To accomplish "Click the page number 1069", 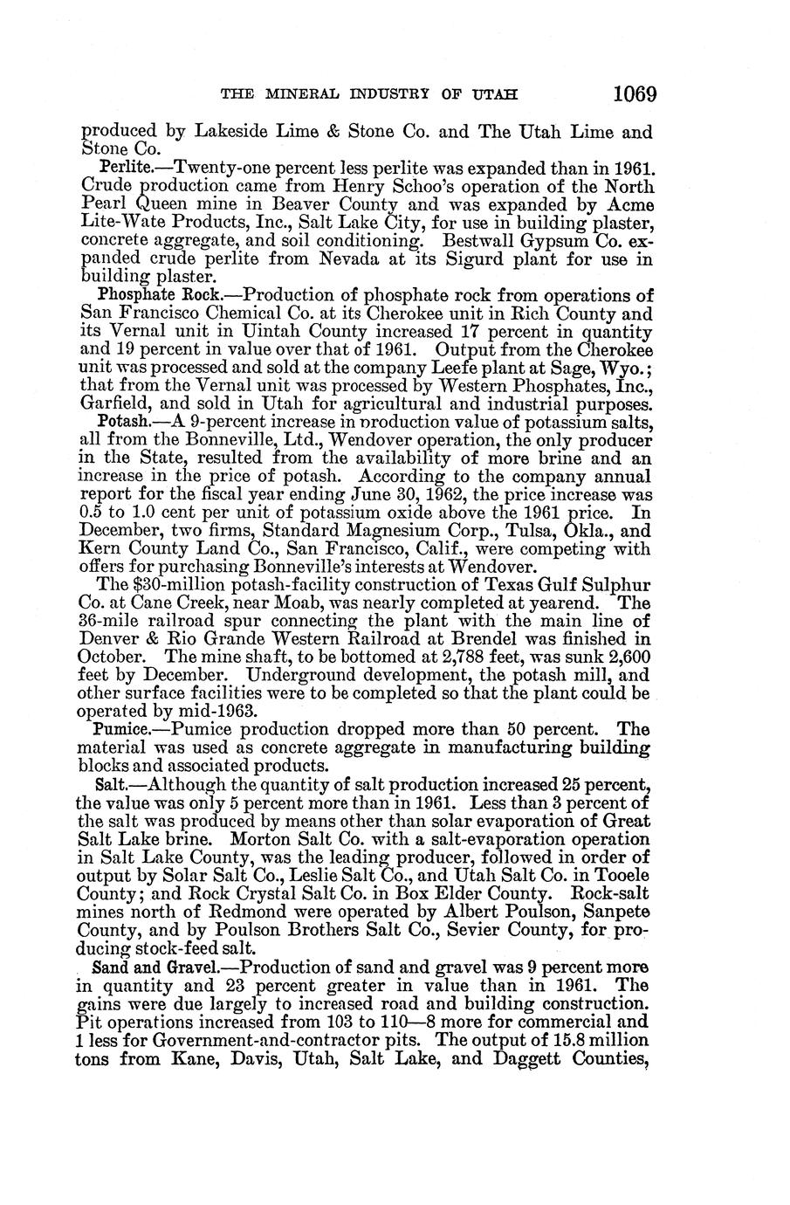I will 634,93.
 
